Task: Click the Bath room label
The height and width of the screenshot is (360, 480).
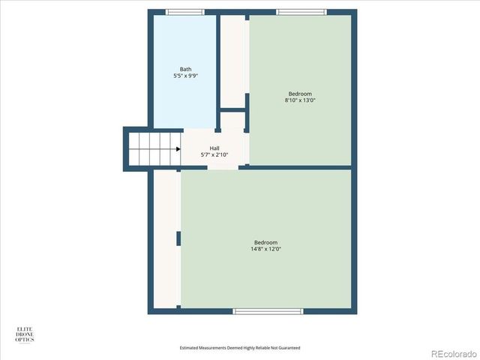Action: click(x=185, y=69)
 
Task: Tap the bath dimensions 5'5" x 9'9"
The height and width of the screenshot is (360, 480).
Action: click(x=185, y=76)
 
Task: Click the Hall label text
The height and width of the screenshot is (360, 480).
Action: click(x=214, y=148)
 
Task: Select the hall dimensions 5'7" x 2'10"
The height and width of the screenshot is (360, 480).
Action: click(x=214, y=155)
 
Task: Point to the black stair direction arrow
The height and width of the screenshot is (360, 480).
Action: click(x=178, y=149)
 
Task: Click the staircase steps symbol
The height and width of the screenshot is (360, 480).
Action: click(x=154, y=149)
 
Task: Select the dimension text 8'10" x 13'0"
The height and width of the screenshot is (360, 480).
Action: click(x=300, y=100)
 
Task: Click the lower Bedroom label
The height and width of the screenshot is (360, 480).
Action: click(x=265, y=242)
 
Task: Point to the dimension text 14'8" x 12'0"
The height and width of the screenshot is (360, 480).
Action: click(x=265, y=249)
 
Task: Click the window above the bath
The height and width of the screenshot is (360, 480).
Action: click(x=184, y=12)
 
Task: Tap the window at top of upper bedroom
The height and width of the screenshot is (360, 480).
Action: click(x=301, y=12)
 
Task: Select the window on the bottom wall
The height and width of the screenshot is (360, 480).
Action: click(x=268, y=310)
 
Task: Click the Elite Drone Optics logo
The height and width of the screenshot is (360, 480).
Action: click(x=25, y=334)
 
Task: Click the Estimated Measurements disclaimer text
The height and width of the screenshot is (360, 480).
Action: click(x=240, y=348)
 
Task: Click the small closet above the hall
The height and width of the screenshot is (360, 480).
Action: click(x=232, y=121)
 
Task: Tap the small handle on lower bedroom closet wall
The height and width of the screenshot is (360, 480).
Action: click(x=178, y=238)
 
